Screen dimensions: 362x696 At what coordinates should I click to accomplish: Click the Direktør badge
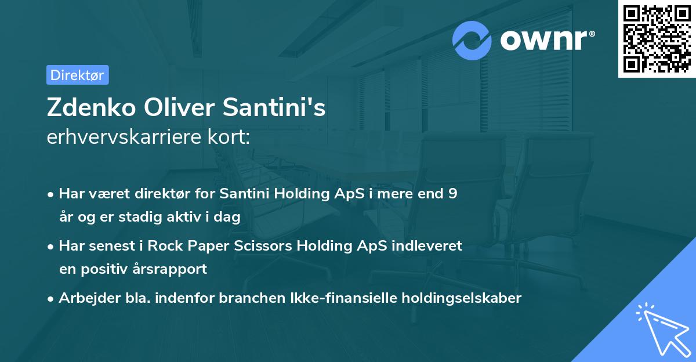pos(77,75)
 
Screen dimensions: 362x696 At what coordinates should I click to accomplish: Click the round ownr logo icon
pos(473,40)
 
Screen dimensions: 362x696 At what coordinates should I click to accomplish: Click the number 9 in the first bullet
pos(452,194)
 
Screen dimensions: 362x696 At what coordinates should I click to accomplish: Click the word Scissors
pos(265,246)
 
